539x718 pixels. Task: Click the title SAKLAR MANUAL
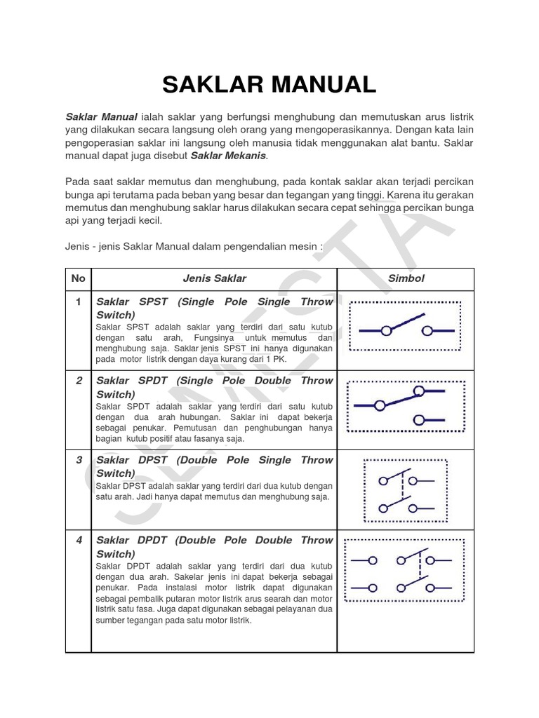click(269, 84)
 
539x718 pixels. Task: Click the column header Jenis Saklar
click(214, 278)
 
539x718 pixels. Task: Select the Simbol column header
click(406, 278)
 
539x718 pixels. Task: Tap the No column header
click(78, 278)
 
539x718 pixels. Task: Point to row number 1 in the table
click(79, 302)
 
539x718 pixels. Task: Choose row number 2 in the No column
click(79, 381)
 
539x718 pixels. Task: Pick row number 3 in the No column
click(79, 460)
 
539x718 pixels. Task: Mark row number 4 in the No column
click(79, 541)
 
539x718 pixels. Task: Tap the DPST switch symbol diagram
click(405, 490)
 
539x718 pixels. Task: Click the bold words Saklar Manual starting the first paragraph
click(101, 116)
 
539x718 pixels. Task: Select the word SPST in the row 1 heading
click(154, 302)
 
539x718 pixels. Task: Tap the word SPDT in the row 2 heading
click(154, 381)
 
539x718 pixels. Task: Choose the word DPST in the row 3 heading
click(154, 460)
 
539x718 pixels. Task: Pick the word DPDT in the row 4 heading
click(153, 541)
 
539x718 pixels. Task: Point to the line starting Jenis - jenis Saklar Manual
click(194, 246)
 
